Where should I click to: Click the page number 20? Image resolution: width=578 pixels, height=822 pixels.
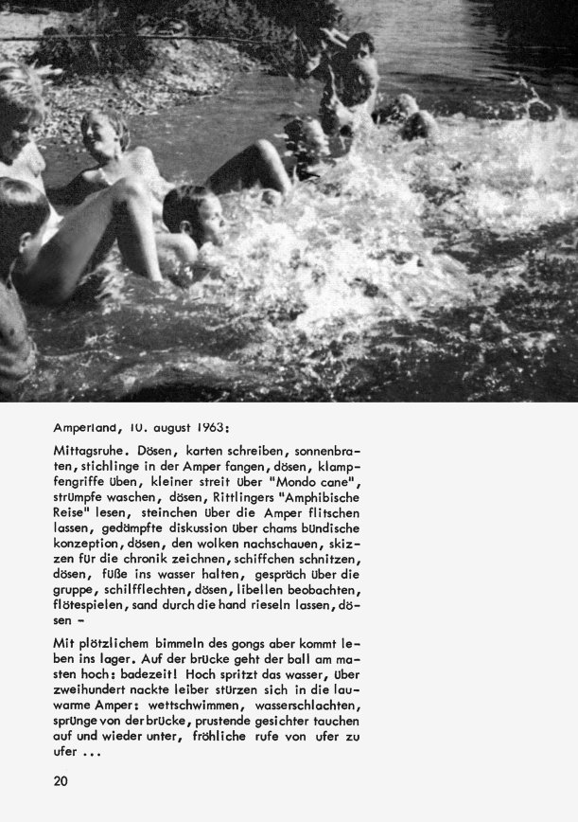click(61, 781)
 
